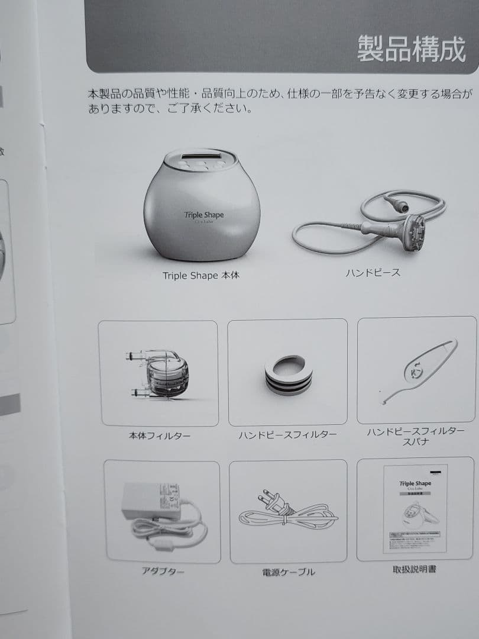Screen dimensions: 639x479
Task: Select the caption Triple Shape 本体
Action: [201, 276]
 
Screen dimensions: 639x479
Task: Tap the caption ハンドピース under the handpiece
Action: [373, 273]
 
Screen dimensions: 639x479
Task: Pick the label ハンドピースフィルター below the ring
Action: [287, 435]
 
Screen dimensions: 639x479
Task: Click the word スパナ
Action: [415, 442]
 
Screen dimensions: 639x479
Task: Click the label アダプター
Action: [163, 572]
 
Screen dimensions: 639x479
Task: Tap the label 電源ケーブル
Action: [289, 572]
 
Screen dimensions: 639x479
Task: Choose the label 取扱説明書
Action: [415, 570]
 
